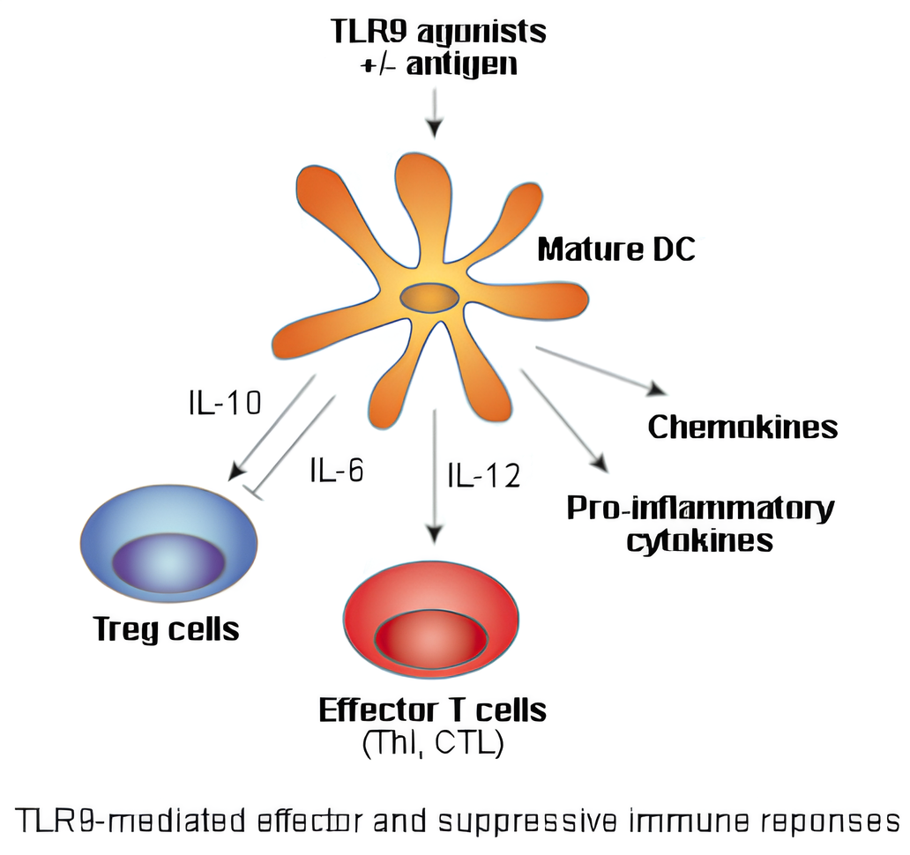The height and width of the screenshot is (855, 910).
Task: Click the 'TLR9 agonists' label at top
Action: tap(438, 31)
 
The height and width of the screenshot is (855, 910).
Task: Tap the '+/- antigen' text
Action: tap(438, 64)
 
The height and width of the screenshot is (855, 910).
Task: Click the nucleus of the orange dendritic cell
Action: tap(429, 298)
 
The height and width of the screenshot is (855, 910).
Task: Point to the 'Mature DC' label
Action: tap(616, 249)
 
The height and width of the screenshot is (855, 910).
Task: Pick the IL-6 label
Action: tap(336, 470)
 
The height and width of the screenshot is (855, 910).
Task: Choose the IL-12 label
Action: tap(483, 476)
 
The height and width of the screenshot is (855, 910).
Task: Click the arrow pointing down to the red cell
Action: tap(433, 476)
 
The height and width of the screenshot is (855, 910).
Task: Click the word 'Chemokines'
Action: tap(742, 427)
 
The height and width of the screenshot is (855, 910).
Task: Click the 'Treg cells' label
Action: tap(167, 629)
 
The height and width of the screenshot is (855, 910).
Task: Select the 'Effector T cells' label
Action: tap(432, 710)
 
